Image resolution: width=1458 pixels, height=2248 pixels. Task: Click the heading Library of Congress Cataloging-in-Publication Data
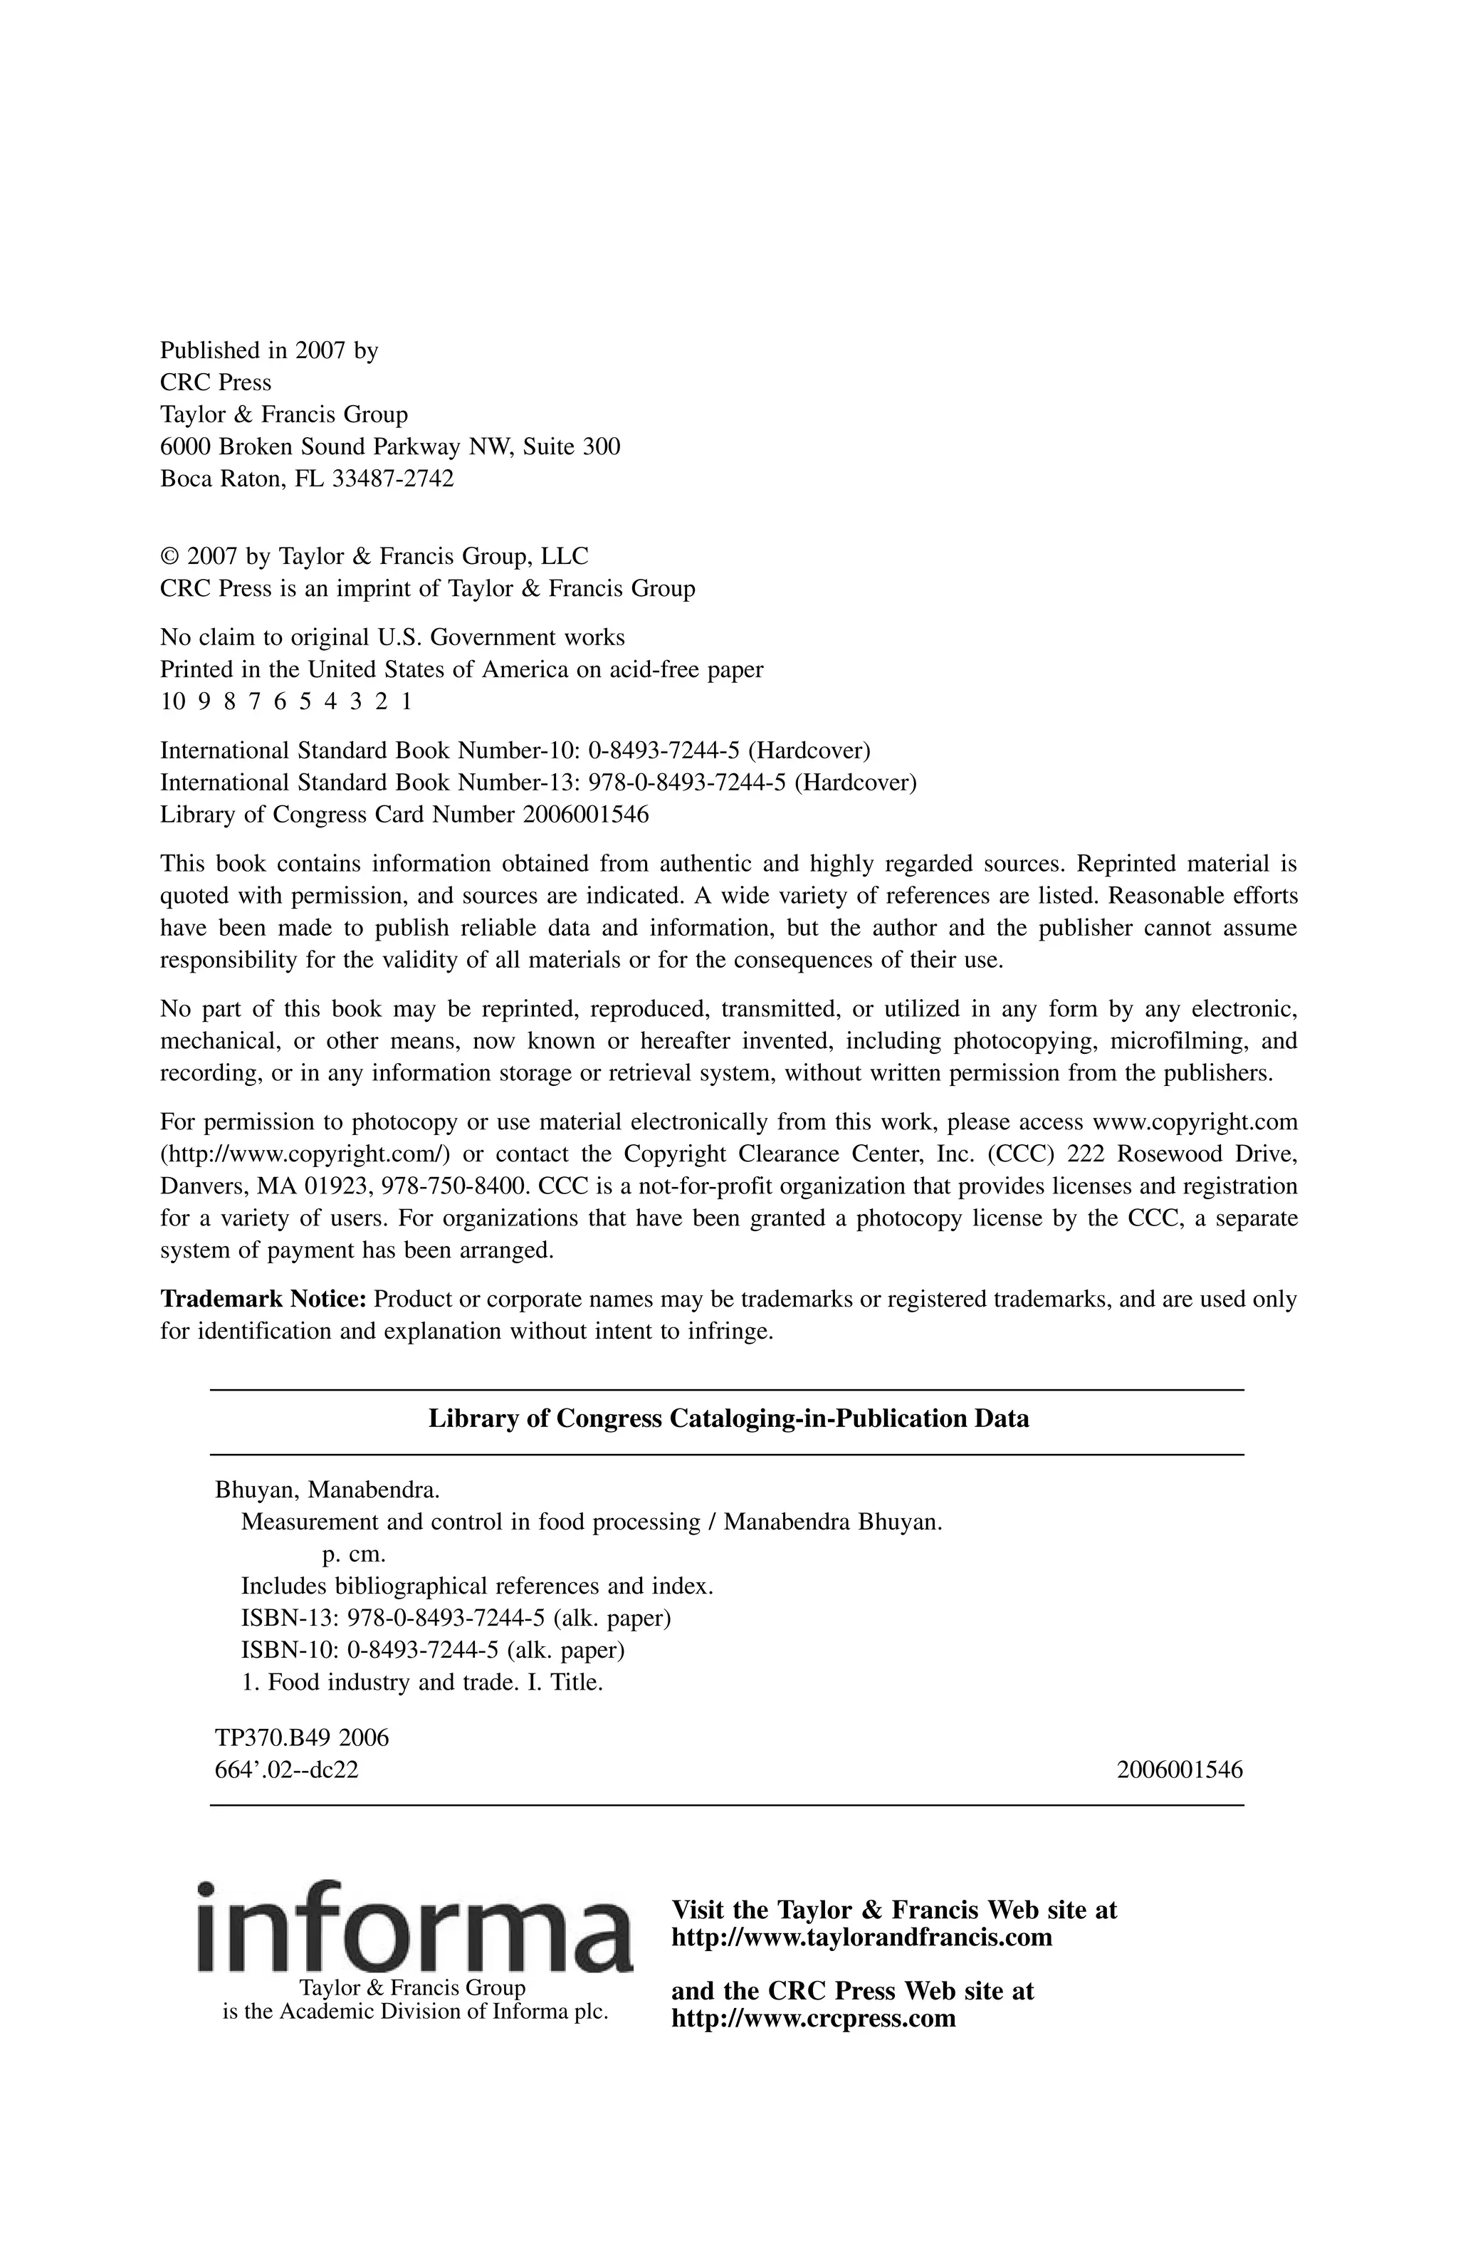click(728, 1418)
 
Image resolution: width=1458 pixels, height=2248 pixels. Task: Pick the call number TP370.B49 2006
click(302, 1738)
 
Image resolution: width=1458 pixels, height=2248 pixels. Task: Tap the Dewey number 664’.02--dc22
click(287, 1770)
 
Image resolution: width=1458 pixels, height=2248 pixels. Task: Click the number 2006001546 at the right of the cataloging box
click(1180, 1770)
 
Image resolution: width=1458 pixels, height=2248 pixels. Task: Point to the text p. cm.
click(354, 1554)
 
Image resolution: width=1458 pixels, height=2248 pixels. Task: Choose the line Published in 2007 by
click(269, 350)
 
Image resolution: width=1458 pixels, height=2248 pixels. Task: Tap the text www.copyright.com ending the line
click(1195, 1122)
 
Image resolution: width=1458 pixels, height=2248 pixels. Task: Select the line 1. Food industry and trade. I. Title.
click(422, 1682)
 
